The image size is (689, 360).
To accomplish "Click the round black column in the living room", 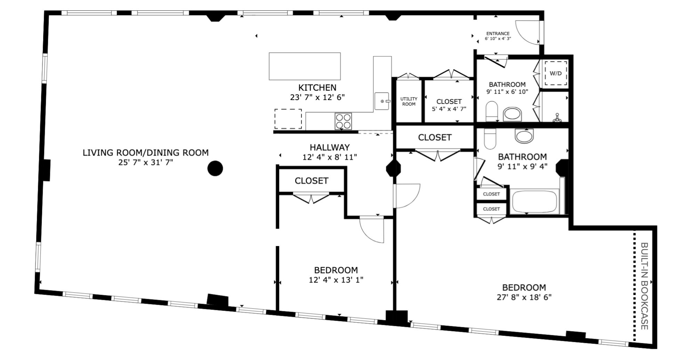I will [215, 169].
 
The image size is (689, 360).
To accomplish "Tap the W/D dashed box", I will [556, 73].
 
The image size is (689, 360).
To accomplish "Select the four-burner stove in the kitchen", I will [343, 121].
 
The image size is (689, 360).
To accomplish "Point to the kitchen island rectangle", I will [305, 66].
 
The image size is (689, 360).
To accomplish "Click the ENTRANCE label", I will [498, 34].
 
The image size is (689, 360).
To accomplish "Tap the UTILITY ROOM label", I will [408, 101].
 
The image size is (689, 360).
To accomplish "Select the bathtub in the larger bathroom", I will [534, 202].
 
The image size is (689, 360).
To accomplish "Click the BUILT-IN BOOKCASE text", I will [644, 286].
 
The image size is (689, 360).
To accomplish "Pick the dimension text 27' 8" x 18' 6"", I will [524, 297].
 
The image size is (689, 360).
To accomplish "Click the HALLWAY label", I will [330, 147].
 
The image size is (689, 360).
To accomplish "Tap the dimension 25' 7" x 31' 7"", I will [146, 162].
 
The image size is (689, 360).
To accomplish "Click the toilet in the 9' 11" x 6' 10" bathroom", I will [492, 111].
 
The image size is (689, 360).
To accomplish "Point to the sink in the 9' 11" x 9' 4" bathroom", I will [524, 136].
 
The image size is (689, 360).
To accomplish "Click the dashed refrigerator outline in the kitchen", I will [288, 119].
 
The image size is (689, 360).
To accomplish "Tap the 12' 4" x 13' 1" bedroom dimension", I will [336, 280].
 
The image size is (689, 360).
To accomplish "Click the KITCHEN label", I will [317, 88].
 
